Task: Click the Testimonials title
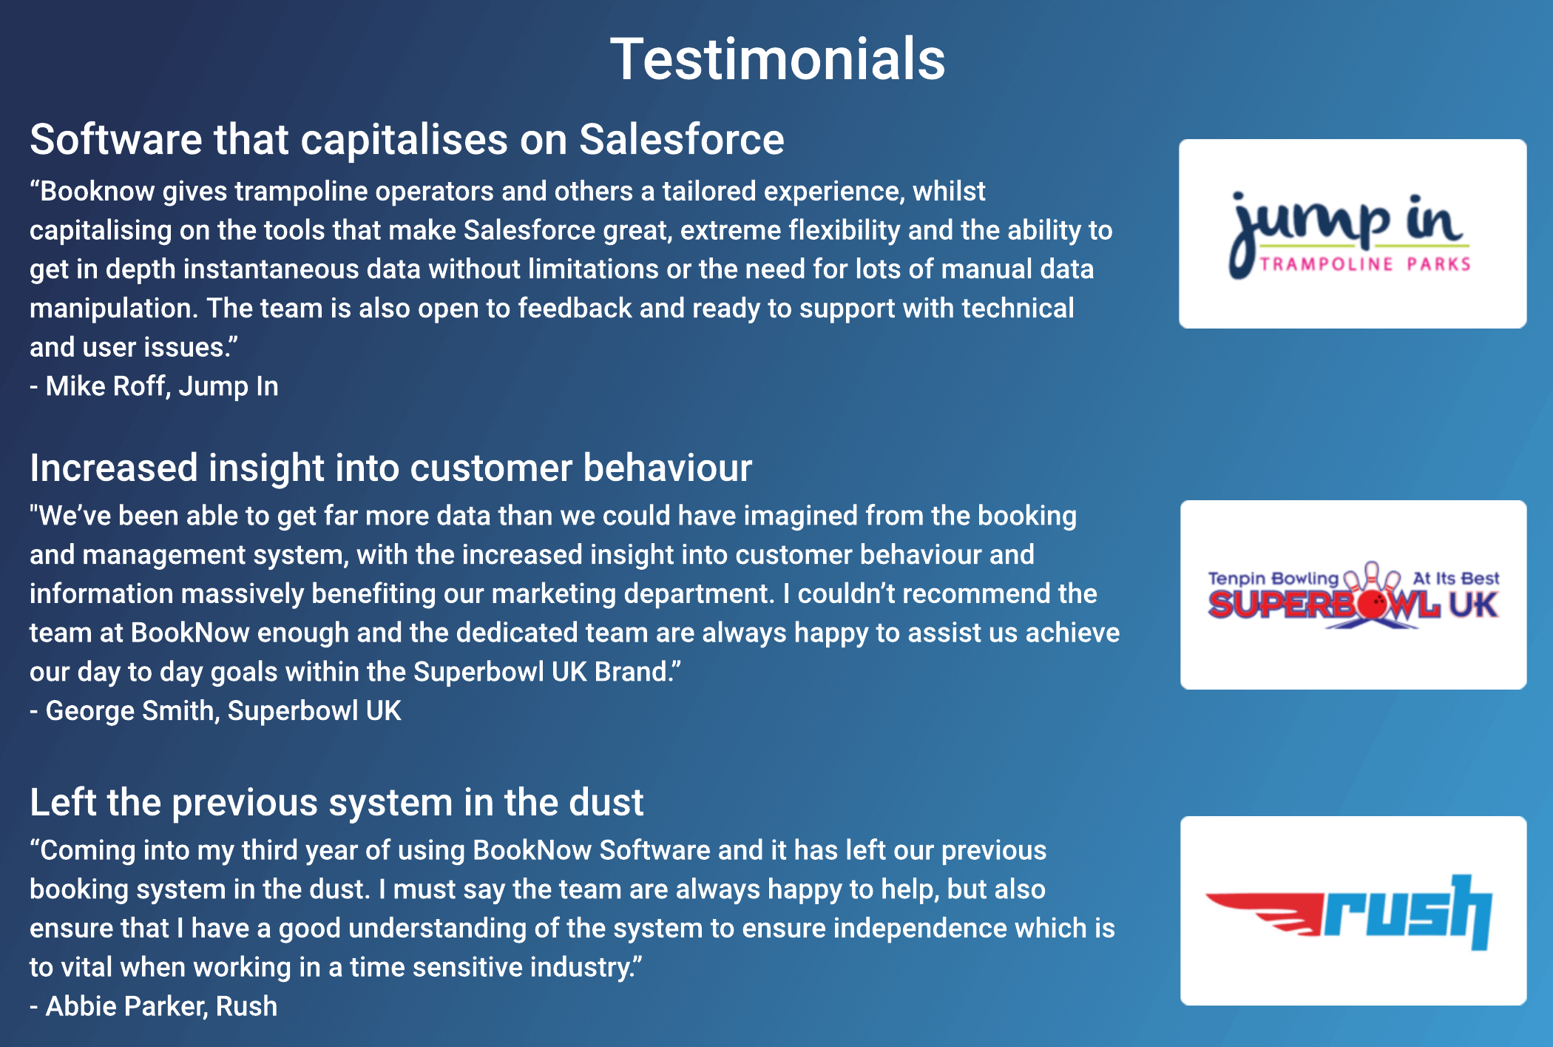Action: coord(777,59)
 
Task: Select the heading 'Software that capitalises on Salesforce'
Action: coord(407,139)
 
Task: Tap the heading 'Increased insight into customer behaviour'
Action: coord(390,468)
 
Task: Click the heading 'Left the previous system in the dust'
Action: coord(336,802)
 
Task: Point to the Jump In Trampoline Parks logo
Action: coord(1352,233)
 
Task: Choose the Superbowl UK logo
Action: coord(1353,595)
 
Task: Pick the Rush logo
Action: coord(1353,911)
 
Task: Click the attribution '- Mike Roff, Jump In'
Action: coord(154,386)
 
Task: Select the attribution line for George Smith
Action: coord(215,711)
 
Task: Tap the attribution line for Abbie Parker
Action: coord(154,1006)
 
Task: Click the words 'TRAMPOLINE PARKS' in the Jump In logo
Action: coord(1365,264)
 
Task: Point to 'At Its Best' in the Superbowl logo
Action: coord(1455,578)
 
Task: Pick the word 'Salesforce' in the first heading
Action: coord(681,139)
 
